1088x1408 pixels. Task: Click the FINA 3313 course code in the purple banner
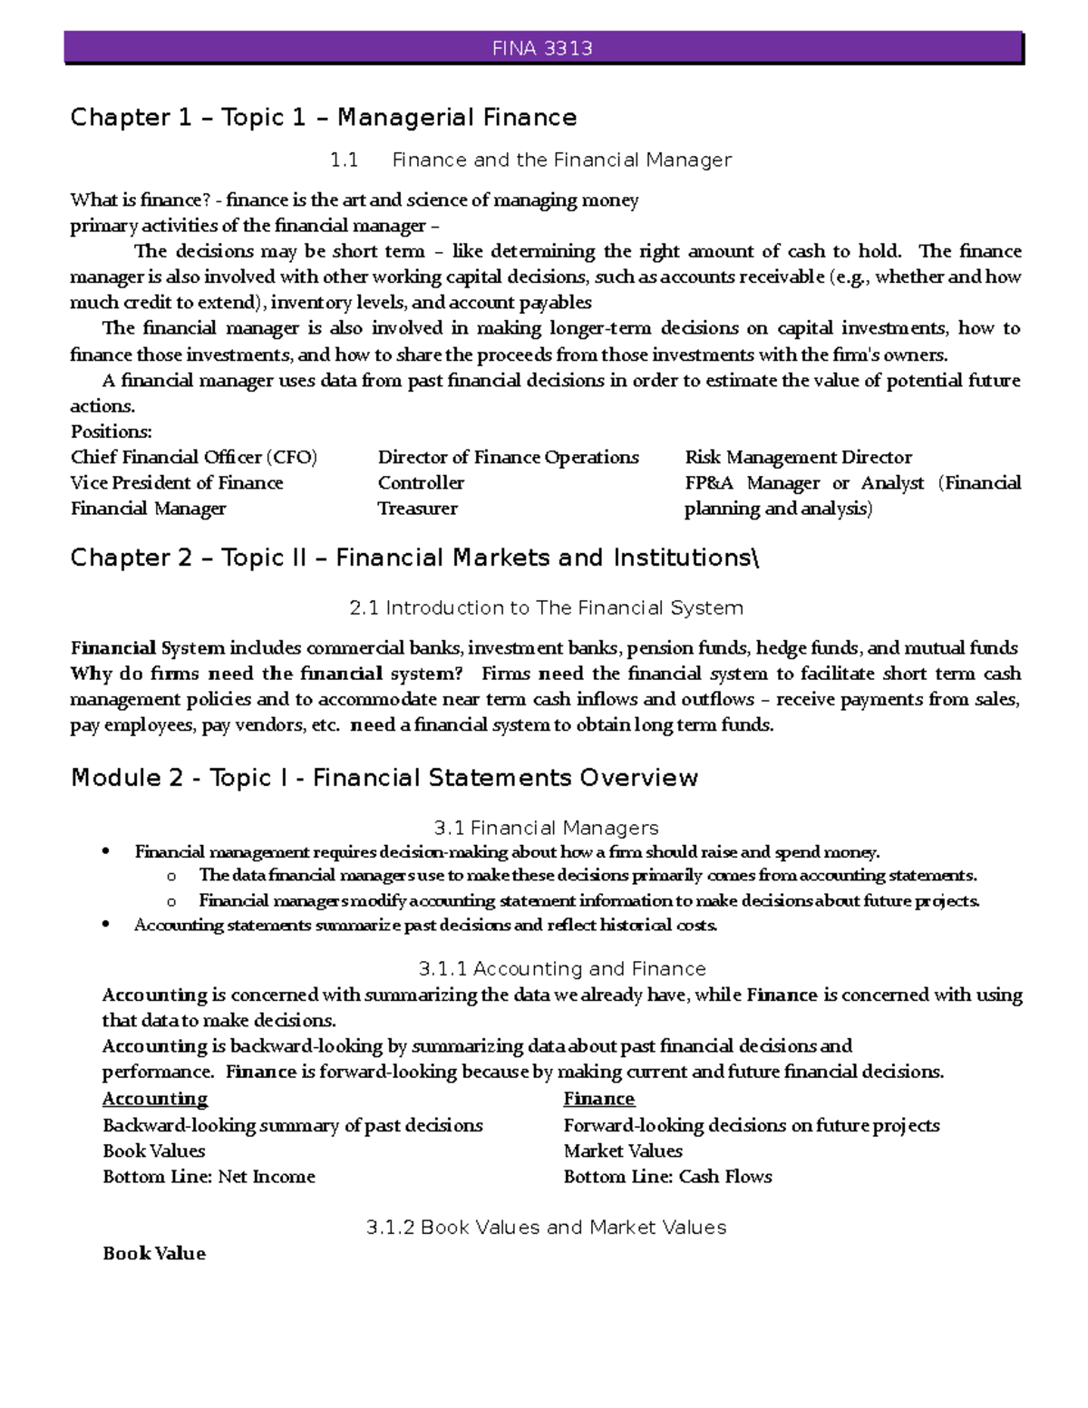coord(542,49)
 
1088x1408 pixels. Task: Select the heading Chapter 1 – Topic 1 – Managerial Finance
coord(324,118)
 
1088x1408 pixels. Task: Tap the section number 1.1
coord(344,160)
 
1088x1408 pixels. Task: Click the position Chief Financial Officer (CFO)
coord(194,457)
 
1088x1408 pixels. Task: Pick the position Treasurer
coord(417,509)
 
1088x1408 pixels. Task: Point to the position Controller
coord(421,483)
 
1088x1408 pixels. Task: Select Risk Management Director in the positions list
coord(798,457)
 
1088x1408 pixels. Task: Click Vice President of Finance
coord(177,483)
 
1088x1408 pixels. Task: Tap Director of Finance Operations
coord(508,457)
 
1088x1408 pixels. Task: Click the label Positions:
coord(111,432)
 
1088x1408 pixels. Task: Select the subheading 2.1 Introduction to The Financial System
coord(546,608)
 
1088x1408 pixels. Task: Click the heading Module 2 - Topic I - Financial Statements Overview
coord(384,778)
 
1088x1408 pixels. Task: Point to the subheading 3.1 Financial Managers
coord(546,828)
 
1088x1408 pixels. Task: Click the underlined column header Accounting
coord(155,1099)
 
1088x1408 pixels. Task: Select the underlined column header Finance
coord(598,1099)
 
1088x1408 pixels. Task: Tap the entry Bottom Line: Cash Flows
coord(667,1177)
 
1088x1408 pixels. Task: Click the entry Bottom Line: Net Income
coord(209,1177)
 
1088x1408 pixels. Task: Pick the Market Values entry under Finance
coord(623,1151)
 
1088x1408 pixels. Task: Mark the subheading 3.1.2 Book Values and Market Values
coord(546,1228)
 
